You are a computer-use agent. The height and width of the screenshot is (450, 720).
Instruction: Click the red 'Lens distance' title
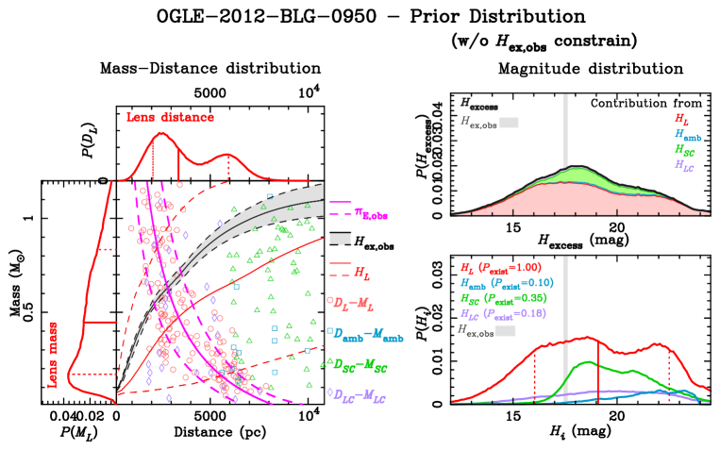click(x=170, y=118)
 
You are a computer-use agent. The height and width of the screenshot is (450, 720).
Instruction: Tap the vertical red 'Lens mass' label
click(x=53, y=353)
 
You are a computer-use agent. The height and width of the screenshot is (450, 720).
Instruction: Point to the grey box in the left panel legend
click(x=340, y=239)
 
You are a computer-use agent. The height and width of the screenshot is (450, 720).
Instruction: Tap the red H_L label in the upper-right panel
click(x=680, y=119)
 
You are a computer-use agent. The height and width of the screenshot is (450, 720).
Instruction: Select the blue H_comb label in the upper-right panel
click(x=686, y=135)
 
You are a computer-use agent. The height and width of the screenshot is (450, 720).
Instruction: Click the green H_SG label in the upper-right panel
click(x=683, y=149)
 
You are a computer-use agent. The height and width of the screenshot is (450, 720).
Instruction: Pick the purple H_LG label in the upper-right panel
click(x=683, y=164)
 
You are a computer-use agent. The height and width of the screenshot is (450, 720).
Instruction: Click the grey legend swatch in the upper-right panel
click(x=509, y=122)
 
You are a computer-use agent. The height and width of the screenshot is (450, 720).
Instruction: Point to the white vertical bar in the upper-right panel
click(x=564, y=142)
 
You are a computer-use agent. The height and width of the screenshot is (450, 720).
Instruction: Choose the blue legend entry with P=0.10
click(x=506, y=283)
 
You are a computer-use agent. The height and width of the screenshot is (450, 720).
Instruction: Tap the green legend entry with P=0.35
click(x=505, y=298)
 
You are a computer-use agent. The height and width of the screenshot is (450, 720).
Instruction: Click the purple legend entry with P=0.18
click(x=505, y=313)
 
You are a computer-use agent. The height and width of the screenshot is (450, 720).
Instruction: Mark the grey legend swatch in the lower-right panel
click(x=505, y=331)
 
